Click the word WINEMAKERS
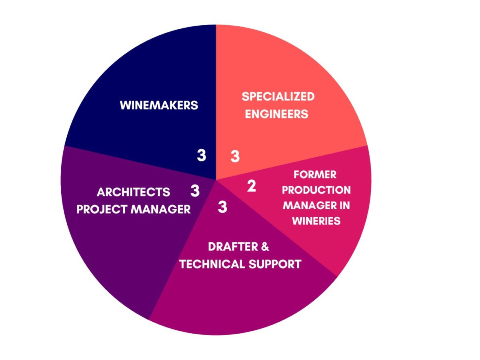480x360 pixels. click(159, 105)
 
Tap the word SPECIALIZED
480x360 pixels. click(278, 96)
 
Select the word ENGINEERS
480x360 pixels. click(277, 114)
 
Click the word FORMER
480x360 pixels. click(315, 175)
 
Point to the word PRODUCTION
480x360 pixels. click(316, 190)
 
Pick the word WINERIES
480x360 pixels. click(316, 221)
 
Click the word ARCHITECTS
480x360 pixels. click(133, 192)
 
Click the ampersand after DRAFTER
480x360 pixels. click(265, 247)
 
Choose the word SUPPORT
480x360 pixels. click(275, 264)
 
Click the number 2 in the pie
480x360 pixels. click(252, 186)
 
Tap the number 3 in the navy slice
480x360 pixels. click(201, 155)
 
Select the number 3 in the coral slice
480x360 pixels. click(235, 156)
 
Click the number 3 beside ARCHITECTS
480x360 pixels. click(195, 191)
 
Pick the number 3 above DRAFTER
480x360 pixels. click(222, 207)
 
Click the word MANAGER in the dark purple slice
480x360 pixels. click(161, 209)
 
